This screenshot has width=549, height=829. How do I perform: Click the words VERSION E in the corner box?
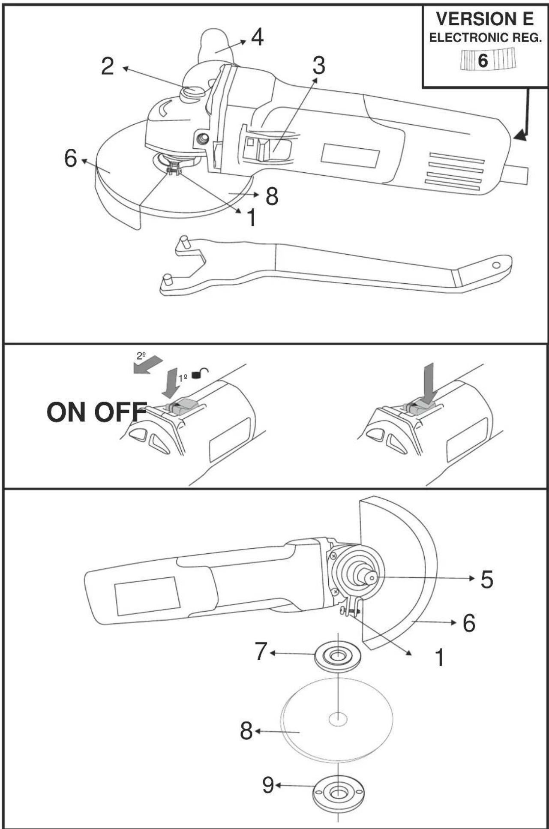pyautogui.click(x=485, y=19)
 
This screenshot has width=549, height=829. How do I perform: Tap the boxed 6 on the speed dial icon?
pyautogui.click(x=483, y=60)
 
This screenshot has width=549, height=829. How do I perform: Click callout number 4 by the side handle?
pyautogui.click(x=257, y=37)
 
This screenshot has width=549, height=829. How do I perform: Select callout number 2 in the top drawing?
pyautogui.click(x=108, y=66)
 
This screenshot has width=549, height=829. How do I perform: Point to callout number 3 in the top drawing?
pyautogui.click(x=318, y=66)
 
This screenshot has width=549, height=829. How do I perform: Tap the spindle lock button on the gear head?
pyautogui.click(x=193, y=92)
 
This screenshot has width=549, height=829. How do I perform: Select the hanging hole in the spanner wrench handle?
pyautogui.click(x=496, y=265)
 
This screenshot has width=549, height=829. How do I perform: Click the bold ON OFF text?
pyautogui.click(x=96, y=412)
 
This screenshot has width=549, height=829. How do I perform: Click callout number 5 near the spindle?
pyautogui.click(x=487, y=580)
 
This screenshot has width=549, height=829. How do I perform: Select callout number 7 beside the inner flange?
pyautogui.click(x=261, y=652)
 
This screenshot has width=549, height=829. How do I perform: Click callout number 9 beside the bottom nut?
pyautogui.click(x=268, y=785)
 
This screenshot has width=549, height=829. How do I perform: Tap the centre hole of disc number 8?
pyautogui.click(x=338, y=719)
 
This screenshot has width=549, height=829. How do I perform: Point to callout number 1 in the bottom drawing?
pyautogui.click(x=440, y=657)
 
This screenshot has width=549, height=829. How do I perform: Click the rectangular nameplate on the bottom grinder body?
pyautogui.click(x=147, y=596)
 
